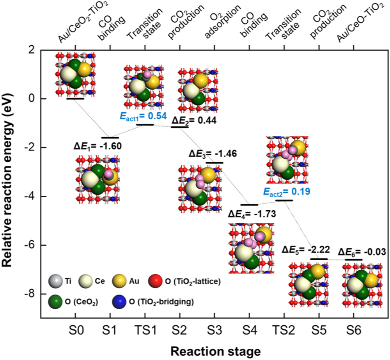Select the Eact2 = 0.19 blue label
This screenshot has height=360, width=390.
click(283, 192)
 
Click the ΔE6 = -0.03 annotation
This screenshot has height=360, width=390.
click(362, 252)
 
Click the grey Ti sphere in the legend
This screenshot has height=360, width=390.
click(56, 281)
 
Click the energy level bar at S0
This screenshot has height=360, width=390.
click(75, 99)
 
